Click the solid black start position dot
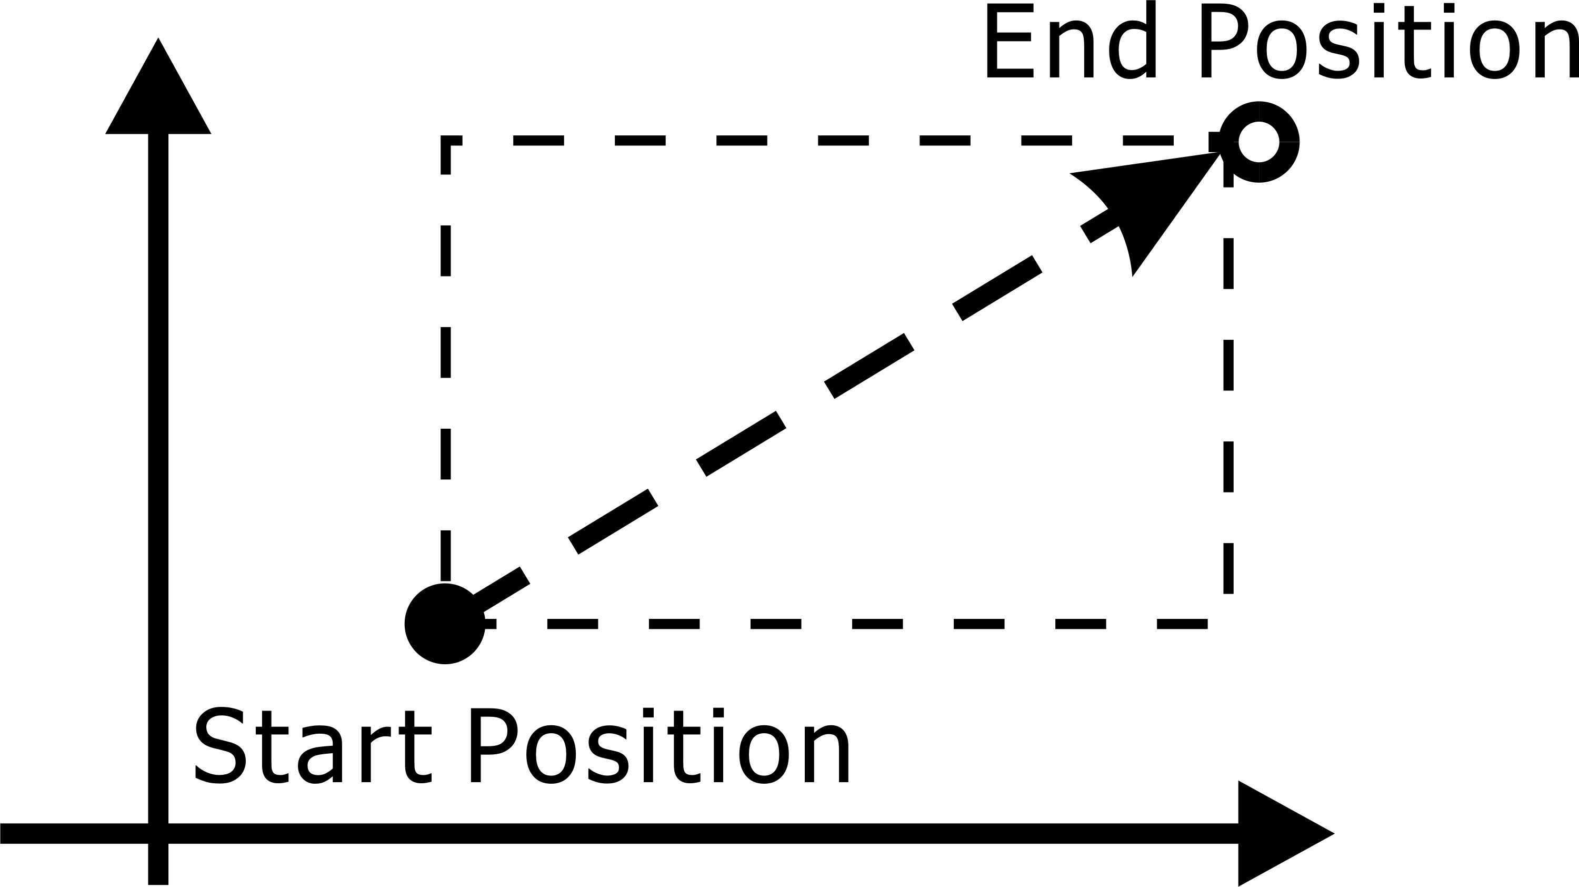point(445,624)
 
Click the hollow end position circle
point(1259,142)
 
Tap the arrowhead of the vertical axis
point(158,86)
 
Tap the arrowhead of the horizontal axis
point(1286,834)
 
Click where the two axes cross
point(158,834)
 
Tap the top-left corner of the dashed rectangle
point(446,141)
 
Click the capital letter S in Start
point(220,746)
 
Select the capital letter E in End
point(1010,41)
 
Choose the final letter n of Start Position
point(827,754)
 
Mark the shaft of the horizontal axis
point(619,834)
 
